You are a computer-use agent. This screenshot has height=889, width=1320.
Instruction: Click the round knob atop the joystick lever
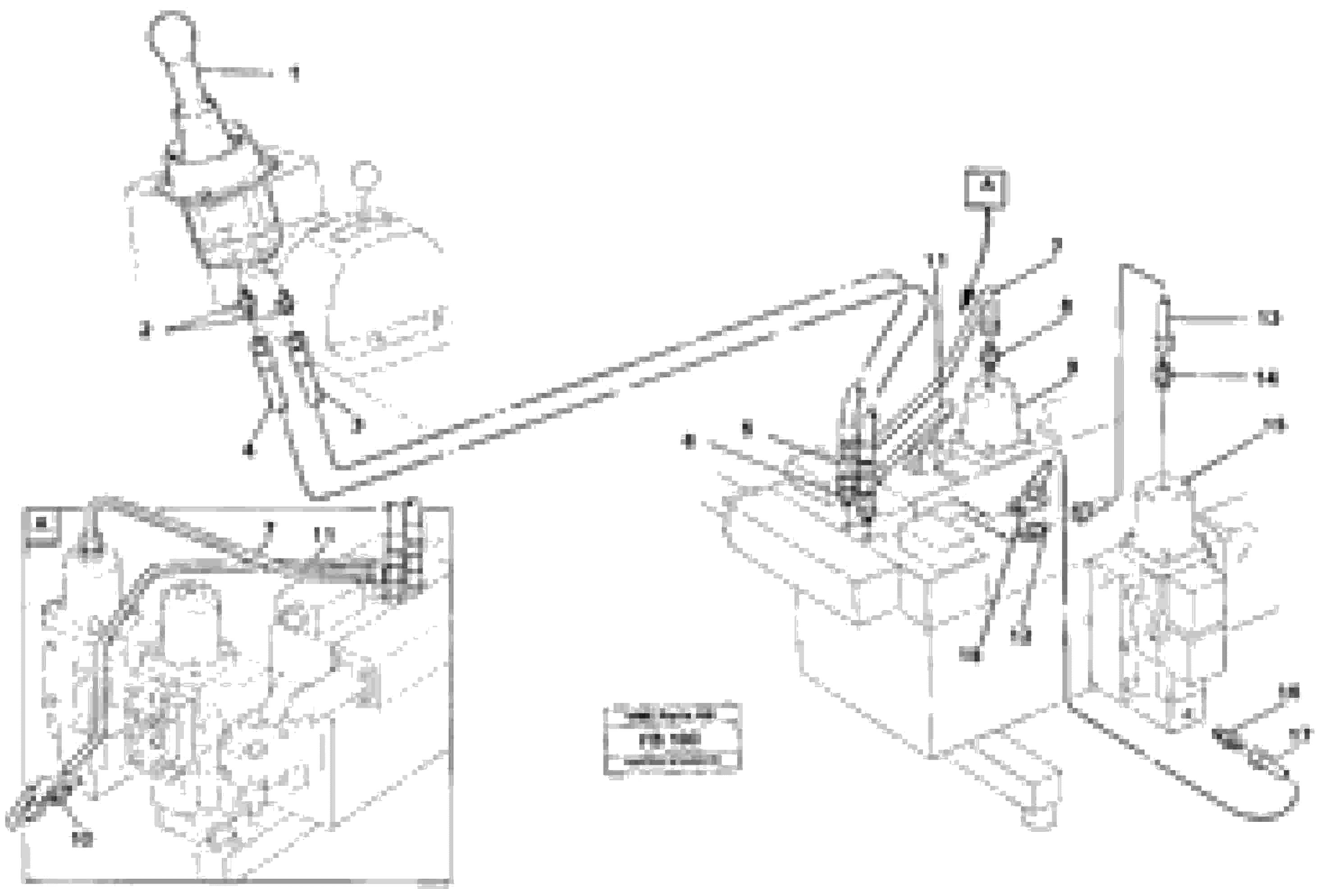(x=172, y=34)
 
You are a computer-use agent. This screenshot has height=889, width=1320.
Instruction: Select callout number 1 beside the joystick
(x=294, y=74)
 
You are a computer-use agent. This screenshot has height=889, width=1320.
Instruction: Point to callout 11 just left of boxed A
(x=936, y=261)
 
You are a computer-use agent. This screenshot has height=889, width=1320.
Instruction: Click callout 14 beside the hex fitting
(x=1268, y=379)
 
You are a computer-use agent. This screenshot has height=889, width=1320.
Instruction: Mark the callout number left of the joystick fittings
(x=146, y=331)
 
